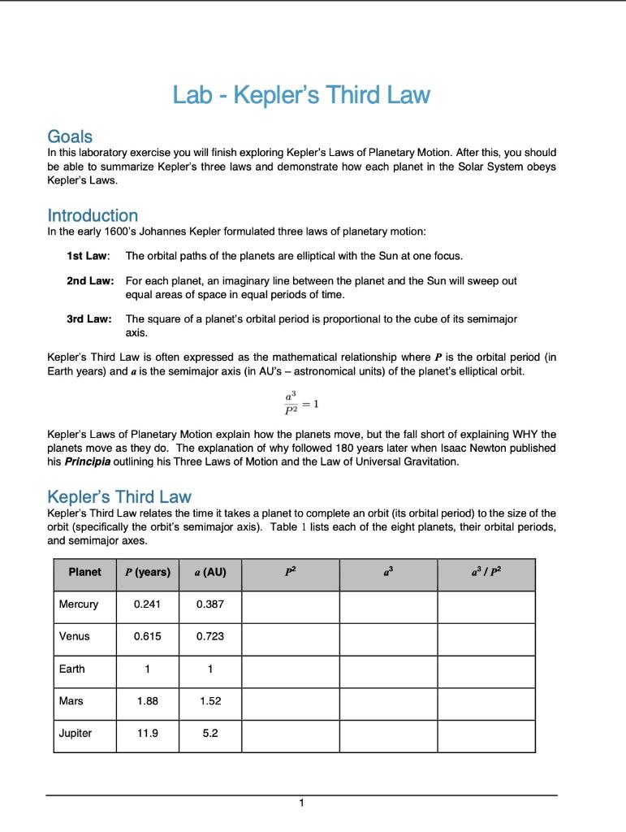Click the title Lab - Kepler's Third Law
point(301,96)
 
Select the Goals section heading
point(70,136)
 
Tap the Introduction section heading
point(93,215)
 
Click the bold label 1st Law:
point(88,256)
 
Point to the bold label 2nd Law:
point(89,280)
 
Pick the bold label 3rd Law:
point(89,318)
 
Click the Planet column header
point(84,572)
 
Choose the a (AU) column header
point(210,572)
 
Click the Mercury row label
point(79,604)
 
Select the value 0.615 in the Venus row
point(146,636)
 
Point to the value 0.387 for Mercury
point(210,604)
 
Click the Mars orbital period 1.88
point(146,700)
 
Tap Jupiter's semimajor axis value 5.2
point(210,733)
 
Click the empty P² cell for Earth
point(291,669)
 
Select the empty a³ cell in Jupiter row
point(388,734)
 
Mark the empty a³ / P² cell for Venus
point(486,637)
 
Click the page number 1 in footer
point(301,804)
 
